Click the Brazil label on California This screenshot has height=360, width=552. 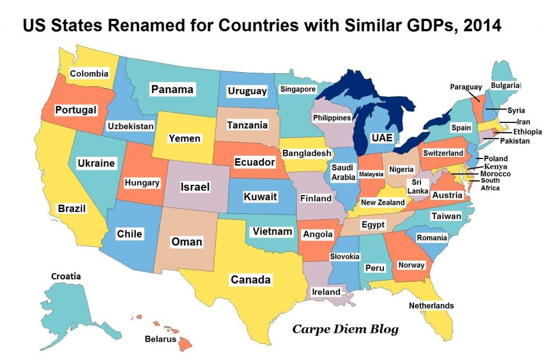71,208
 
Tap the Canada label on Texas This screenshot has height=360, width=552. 251,280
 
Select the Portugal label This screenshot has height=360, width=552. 76,110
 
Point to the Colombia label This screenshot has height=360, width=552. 89,74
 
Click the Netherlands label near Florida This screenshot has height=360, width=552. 431,306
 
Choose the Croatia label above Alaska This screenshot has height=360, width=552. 66,276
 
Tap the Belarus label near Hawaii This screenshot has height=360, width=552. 160,340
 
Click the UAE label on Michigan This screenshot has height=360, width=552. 382,137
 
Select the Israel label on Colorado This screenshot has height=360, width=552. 194,188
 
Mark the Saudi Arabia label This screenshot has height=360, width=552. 343,172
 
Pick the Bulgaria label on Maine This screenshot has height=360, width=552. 505,85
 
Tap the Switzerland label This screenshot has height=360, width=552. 443,153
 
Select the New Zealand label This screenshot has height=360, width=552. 383,203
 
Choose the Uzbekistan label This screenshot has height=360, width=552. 131,127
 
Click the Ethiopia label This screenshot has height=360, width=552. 527,131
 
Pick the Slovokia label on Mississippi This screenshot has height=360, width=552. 344,257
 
